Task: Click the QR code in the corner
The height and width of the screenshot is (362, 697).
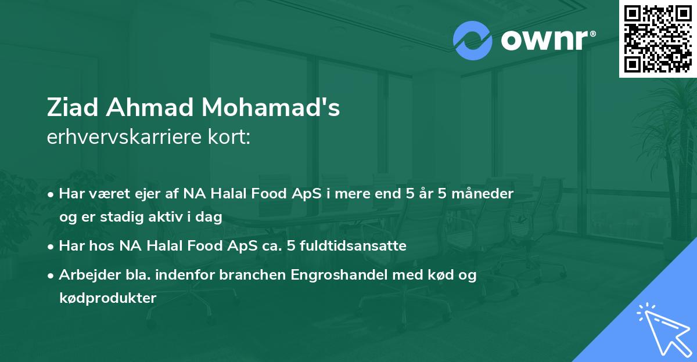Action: click(658, 39)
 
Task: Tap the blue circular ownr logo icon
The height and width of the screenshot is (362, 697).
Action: click(472, 41)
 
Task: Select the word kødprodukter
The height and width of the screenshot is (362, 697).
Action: click(107, 298)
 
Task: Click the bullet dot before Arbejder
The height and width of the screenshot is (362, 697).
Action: click(52, 276)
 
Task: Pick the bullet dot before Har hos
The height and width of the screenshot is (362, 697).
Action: click(52, 246)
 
